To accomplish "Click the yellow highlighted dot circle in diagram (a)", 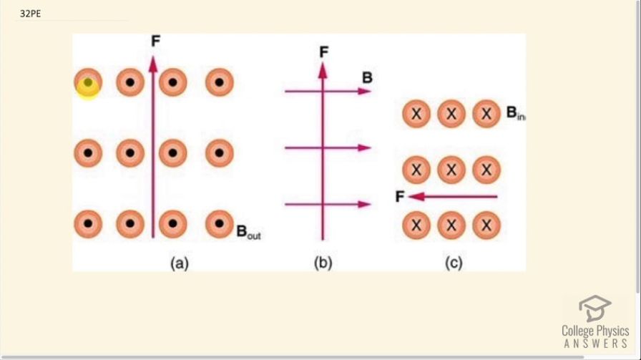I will (87, 83).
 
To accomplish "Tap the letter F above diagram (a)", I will (155, 42).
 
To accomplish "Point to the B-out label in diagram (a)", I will (248, 232).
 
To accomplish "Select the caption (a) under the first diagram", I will (178, 263).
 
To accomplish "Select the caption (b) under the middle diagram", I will (323, 263).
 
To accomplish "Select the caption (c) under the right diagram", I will (454, 263).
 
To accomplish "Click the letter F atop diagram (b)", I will (323, 52).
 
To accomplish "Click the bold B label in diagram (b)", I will (367, 77).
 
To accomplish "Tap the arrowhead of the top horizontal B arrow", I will (365, 91).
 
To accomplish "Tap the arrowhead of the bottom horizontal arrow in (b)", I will (365, 205).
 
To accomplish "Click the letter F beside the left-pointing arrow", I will (400, 196).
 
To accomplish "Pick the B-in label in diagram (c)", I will (516, 112).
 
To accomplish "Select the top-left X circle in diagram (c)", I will (416, 114).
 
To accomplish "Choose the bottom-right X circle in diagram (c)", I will (486, 225).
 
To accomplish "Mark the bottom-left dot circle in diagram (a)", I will (87, 224).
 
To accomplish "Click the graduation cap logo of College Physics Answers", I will (595, 308).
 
